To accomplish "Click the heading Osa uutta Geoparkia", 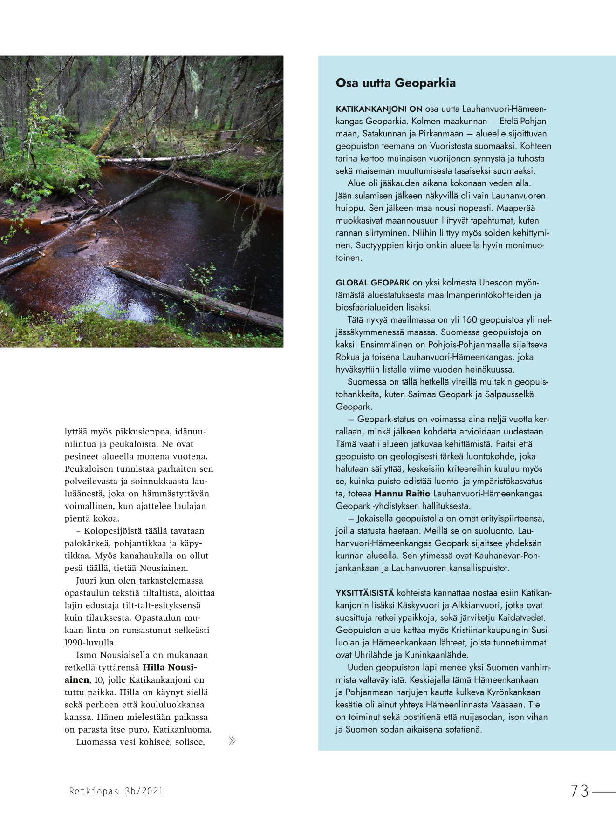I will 396,83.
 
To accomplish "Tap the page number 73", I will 580,791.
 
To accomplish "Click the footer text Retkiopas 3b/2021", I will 116,791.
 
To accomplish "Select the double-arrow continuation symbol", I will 232,741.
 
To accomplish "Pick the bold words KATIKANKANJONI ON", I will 379,109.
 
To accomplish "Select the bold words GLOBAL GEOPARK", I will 373,283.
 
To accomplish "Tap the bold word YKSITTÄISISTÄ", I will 365,593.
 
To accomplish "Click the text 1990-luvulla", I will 90,643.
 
